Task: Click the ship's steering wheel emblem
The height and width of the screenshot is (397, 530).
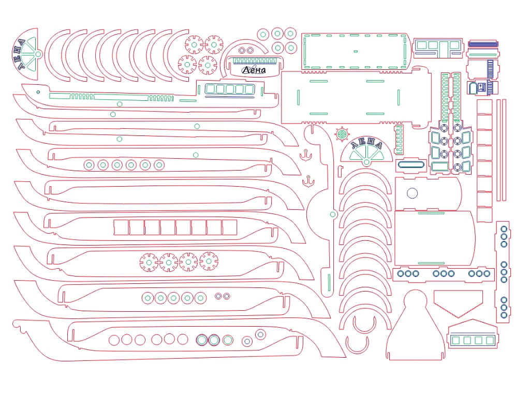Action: coord(342,134)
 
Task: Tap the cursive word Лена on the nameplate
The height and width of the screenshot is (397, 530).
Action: coord(254,70)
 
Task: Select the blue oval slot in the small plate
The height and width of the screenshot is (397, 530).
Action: coord(411,165)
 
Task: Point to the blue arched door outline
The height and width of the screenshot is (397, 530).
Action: coord(473,88)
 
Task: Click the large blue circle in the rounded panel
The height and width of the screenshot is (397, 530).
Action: coord(413,193)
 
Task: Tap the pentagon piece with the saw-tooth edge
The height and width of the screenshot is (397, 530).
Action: coord(458,303)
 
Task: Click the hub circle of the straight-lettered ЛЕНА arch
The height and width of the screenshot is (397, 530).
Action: coord(366,163)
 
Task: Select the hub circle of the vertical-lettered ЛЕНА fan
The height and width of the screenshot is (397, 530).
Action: coord(38,54)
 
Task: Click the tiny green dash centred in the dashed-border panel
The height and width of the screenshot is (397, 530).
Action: coord(355,51)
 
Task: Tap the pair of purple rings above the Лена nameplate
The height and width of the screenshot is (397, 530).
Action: coord(246,51)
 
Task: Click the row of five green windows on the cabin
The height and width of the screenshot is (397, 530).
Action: coord(229,89)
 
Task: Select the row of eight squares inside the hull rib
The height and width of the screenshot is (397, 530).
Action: coord(175,227)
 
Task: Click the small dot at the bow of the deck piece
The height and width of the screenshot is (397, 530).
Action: coord(38,92)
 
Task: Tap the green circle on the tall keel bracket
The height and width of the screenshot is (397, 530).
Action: coord(333,215)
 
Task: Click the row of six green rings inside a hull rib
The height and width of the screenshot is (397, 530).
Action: coord(124,165)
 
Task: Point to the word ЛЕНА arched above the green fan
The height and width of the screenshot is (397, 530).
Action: coord(366,144)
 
